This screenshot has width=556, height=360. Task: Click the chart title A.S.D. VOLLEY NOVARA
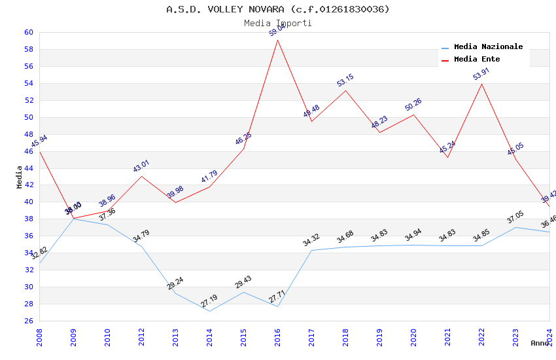tap(277, 9)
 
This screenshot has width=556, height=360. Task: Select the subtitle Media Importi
tap(277, 24)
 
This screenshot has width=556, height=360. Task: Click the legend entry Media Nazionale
tap(488, 47)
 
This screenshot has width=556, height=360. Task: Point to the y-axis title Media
tap(20, 176)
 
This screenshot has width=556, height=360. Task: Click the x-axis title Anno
tap(540, 343)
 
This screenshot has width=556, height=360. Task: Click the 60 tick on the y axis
tap(29, 33)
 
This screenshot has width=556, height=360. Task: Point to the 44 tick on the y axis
tap(29, 168)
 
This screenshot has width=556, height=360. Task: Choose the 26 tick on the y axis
tap(29, 321)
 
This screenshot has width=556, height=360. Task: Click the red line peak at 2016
tap(278, 40)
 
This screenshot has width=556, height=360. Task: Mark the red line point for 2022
tap(482, 84)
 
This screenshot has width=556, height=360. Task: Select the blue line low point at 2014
tap(210, 311)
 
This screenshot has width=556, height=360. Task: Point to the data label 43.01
tap(141, 166)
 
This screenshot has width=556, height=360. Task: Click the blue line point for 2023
tap(516, 227)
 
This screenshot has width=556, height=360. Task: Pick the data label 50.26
tap(413, 105)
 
